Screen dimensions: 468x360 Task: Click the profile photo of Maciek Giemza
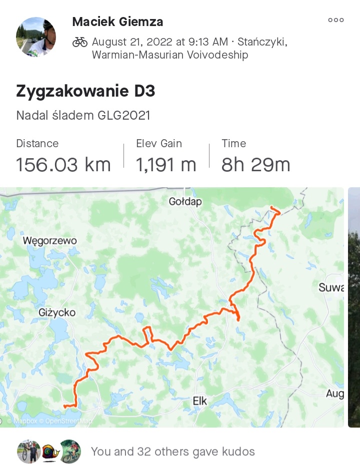36,37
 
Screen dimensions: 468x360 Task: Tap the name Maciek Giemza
117,22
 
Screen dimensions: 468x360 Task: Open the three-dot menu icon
335,21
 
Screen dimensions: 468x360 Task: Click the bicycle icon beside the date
80,42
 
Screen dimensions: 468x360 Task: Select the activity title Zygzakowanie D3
85,91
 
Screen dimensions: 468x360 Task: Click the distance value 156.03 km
63,164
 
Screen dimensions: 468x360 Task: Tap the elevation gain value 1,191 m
166,164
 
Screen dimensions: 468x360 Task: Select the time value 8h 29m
255,164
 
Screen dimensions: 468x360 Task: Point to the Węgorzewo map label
50,241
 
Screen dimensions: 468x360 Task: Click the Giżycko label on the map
57,313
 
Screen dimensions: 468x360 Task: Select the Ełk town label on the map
200,401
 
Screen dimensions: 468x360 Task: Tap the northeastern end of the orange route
271,207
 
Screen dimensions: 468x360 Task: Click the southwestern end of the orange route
65,406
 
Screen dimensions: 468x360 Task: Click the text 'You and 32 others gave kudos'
172,452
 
